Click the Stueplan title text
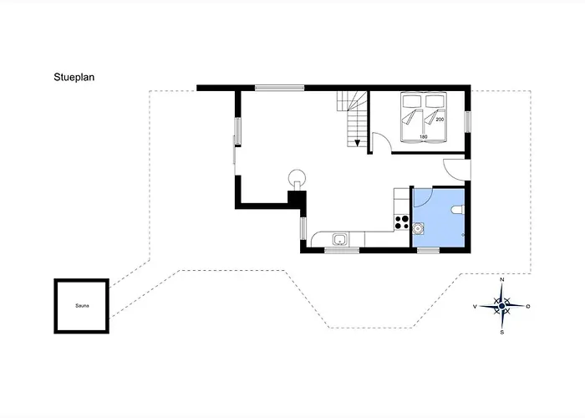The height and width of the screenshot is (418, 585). tap(74, 77)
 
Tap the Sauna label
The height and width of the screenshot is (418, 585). tap(82, 306)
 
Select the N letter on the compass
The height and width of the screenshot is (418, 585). tap(502, 279)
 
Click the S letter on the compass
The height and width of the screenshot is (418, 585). tap(502, 332)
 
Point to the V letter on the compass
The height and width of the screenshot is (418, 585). tap(475, 307)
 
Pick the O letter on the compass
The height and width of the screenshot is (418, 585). tap(528, 307)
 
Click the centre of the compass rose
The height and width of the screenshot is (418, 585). tap(501, 306)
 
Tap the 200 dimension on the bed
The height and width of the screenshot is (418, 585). tap(440, 120)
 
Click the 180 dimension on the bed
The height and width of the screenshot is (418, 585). tap(423, 137)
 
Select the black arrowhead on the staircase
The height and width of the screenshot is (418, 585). tap(357, 143)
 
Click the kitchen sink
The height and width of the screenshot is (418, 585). tap(340, 239)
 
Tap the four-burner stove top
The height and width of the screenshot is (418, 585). tap(402, 222)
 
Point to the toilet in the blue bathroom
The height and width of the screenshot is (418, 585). tap(457, 210)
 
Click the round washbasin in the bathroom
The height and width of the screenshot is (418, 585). tap(418, 227)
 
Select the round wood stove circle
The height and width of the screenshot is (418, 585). tap(298, 177)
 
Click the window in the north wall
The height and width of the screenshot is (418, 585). tap(279, 88)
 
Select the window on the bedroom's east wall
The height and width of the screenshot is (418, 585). tap(467, 122)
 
